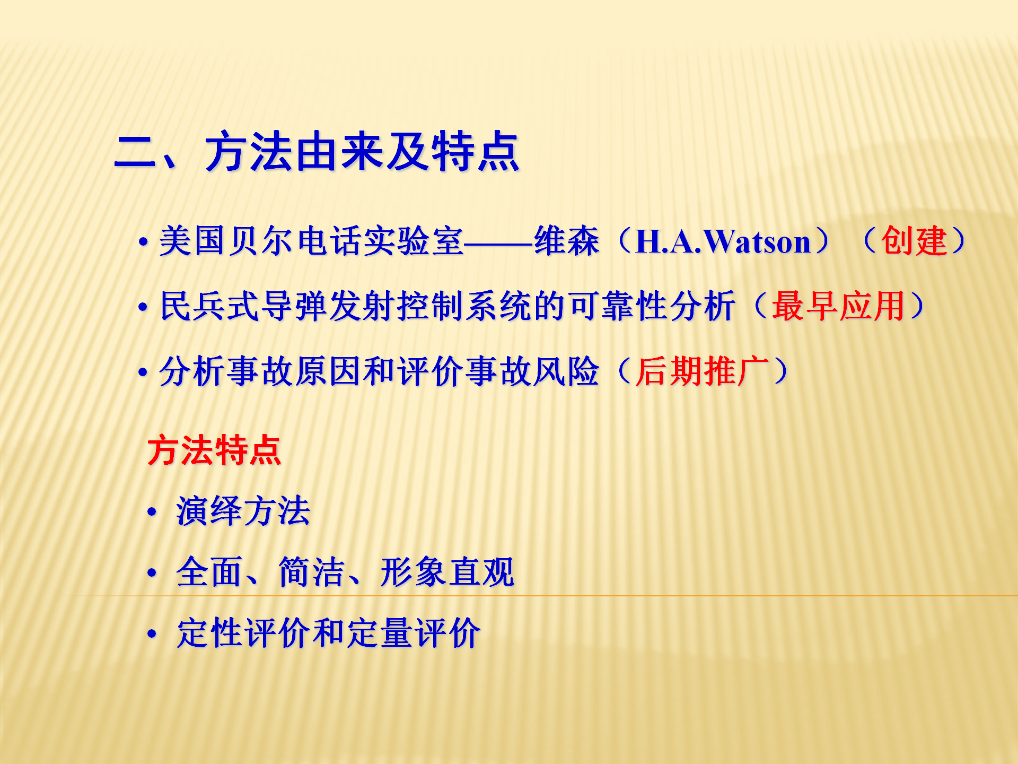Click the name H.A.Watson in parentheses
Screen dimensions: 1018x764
pos(723,241)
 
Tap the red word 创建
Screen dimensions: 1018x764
pos(914,241)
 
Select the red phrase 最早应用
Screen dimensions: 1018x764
pos(838,306)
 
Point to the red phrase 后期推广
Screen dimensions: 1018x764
pos(702,371)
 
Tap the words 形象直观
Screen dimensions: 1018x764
pos(447,572)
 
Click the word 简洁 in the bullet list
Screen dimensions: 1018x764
pos(312,572)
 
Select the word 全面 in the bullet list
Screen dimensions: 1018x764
pos(209,572)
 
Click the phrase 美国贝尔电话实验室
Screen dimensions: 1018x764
pos(311,241)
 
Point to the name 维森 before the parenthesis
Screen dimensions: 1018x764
pos(567,241)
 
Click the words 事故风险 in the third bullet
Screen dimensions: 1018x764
pos(533,371)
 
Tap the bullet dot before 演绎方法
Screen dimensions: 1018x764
pos(152,512)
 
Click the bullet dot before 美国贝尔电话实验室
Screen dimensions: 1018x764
pos(143,242)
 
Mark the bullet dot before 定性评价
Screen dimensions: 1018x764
pos(152,634)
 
